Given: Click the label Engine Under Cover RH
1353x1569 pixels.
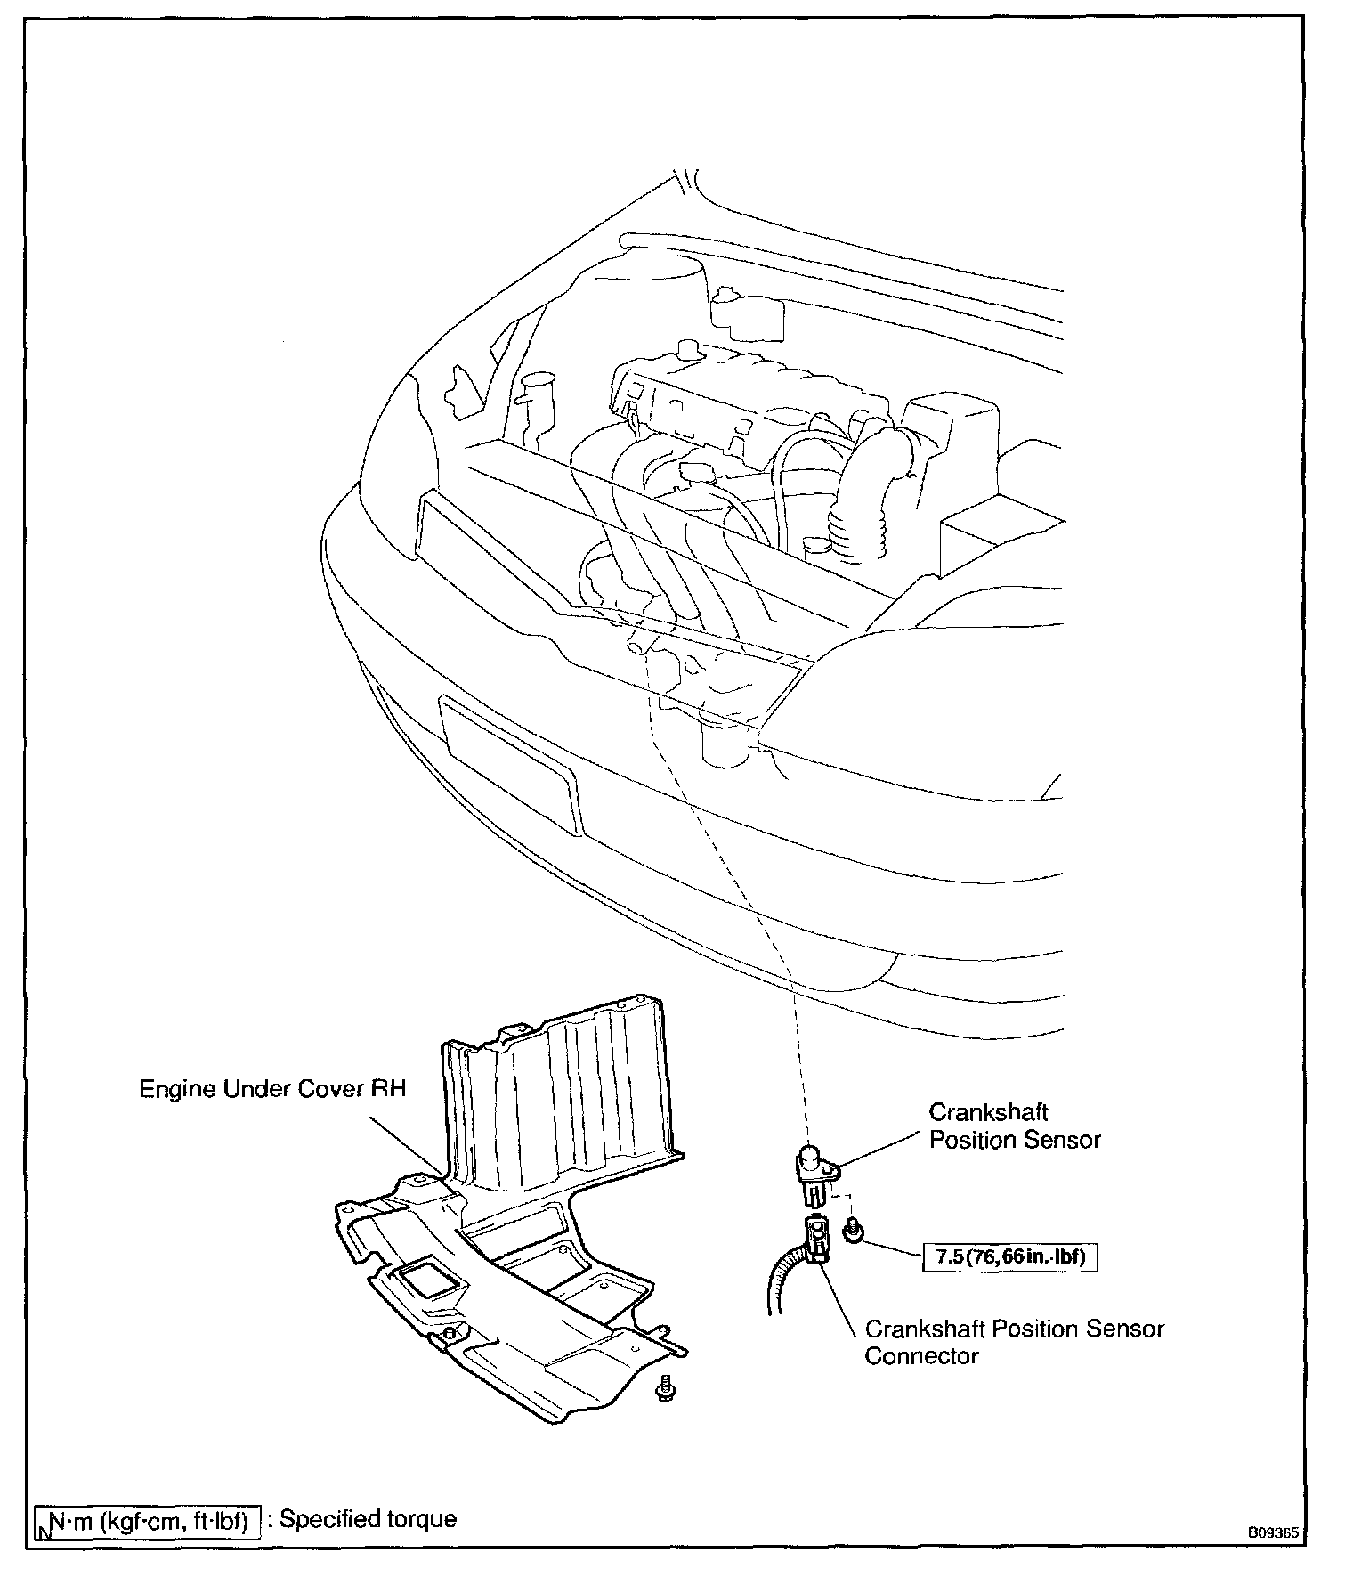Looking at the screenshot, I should [272, 1089].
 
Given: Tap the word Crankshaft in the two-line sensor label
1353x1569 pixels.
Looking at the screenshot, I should [988, 1112].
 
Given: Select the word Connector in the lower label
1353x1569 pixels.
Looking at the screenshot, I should [909, 1356].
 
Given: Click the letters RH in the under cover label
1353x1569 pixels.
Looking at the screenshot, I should [388, 1089].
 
